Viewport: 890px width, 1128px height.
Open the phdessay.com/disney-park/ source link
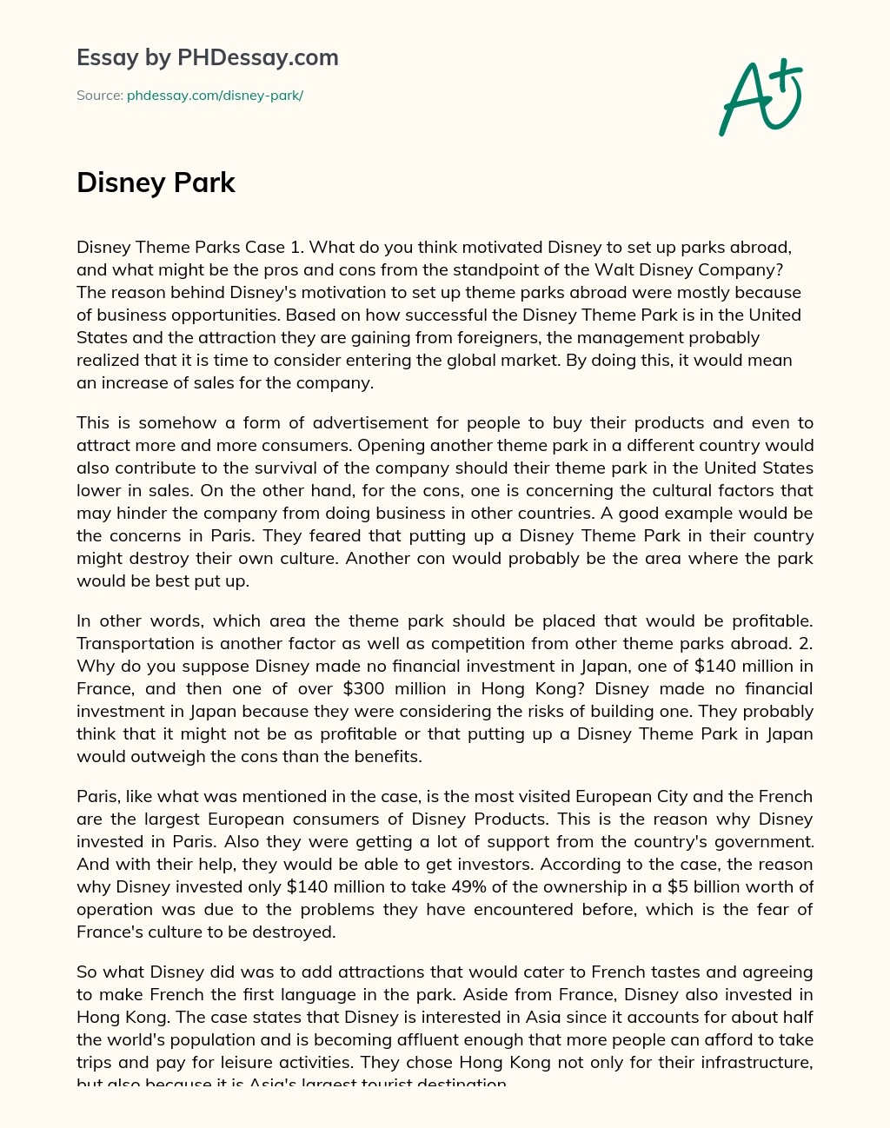(215, 96)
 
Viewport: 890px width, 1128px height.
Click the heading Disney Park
(156, 182)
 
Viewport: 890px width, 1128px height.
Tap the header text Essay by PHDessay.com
(207, 57)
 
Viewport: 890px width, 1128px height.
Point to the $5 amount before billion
(710, 887)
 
